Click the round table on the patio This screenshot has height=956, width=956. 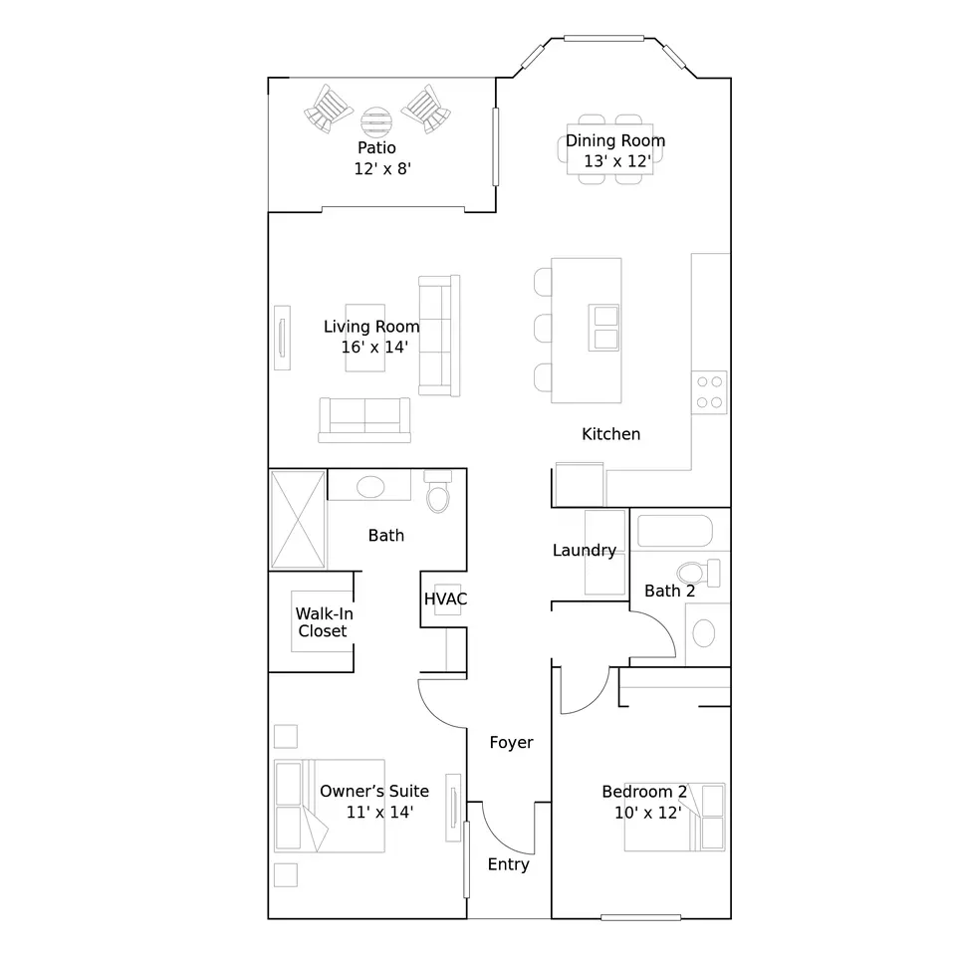click(376, 121)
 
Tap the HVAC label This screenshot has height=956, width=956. click(446, 598)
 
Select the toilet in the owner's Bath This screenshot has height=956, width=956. click(438, 491)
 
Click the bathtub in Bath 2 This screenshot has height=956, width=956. click(675, 531)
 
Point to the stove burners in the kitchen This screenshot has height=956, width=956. click(710, 392)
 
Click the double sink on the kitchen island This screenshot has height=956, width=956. click(603, 328)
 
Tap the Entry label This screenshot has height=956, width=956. click(509, 864)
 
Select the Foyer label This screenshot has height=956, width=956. click(511, 743)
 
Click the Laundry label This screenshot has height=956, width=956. click(585, 551)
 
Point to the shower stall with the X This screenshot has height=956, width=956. click(298, 520)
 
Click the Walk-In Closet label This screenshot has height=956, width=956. click(324, 621)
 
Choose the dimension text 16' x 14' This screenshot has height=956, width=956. click(374, 347)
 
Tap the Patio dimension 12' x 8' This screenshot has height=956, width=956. click(382, 169)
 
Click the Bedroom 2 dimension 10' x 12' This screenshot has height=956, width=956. click(647, 813)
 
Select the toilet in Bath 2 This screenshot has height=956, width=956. click(698, 574)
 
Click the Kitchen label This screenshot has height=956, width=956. click(610, 434)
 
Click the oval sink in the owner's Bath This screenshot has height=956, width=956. click(370, 487)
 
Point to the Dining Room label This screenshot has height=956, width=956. click(615, 140)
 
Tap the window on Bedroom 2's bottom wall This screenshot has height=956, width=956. click(640, 917)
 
